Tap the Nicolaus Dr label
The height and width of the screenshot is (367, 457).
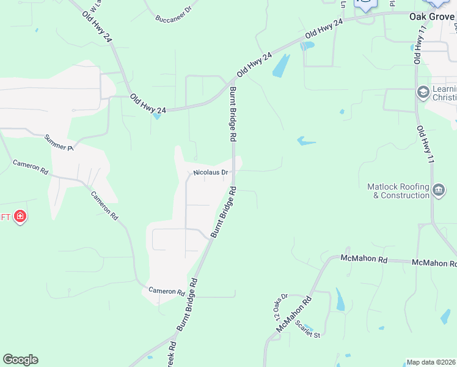click(x=210, y=173)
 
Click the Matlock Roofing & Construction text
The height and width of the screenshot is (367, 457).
click(x=398, y=191)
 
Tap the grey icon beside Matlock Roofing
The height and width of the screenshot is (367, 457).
click(x=438, y=190)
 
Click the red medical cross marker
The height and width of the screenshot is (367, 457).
click(x=20, y=217)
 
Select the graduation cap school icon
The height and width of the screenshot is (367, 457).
click(x=423, y=92)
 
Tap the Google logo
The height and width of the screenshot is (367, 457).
click(x=20, y=360)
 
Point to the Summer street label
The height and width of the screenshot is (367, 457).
click(x=59, y=143)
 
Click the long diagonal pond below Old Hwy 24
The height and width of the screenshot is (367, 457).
click(x=281, y=66)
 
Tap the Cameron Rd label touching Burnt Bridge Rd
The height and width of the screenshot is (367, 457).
click(x=167, y=292)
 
